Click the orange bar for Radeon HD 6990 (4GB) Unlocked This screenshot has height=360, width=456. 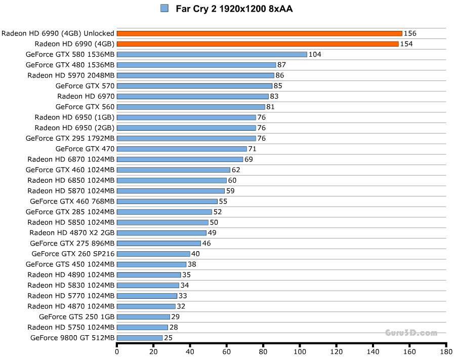[x=259, y=33]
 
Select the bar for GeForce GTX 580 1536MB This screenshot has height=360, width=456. [x=212, y=55]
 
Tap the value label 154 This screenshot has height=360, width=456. [x=406, y=44]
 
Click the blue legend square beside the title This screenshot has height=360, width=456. [x=164, y=8]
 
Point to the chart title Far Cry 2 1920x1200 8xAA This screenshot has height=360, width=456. [x=234, y=9]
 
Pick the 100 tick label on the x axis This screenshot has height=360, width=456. [x=300, y=351]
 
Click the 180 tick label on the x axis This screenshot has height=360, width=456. [x=446, y=351]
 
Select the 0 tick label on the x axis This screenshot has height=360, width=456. [x=117, y=351]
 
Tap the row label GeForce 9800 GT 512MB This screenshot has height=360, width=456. [x=72, y=338]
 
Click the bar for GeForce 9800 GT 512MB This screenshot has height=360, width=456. [x=140, y=338]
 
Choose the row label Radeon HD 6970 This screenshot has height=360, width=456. [x=86, y=96]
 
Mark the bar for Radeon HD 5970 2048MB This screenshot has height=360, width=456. [x=195, y=75]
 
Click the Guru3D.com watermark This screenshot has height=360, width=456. [x=411, y=333]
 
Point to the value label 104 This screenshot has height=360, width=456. [x=315, y=55]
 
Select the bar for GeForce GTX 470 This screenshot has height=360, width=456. [x=182, y=149]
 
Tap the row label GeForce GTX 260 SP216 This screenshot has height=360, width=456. [x=73, y=254]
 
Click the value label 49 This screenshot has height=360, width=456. [x=212, y=233]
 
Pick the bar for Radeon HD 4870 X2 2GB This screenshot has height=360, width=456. [x=161, y=233]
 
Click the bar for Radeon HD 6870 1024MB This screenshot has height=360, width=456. [x=180, y=159]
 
